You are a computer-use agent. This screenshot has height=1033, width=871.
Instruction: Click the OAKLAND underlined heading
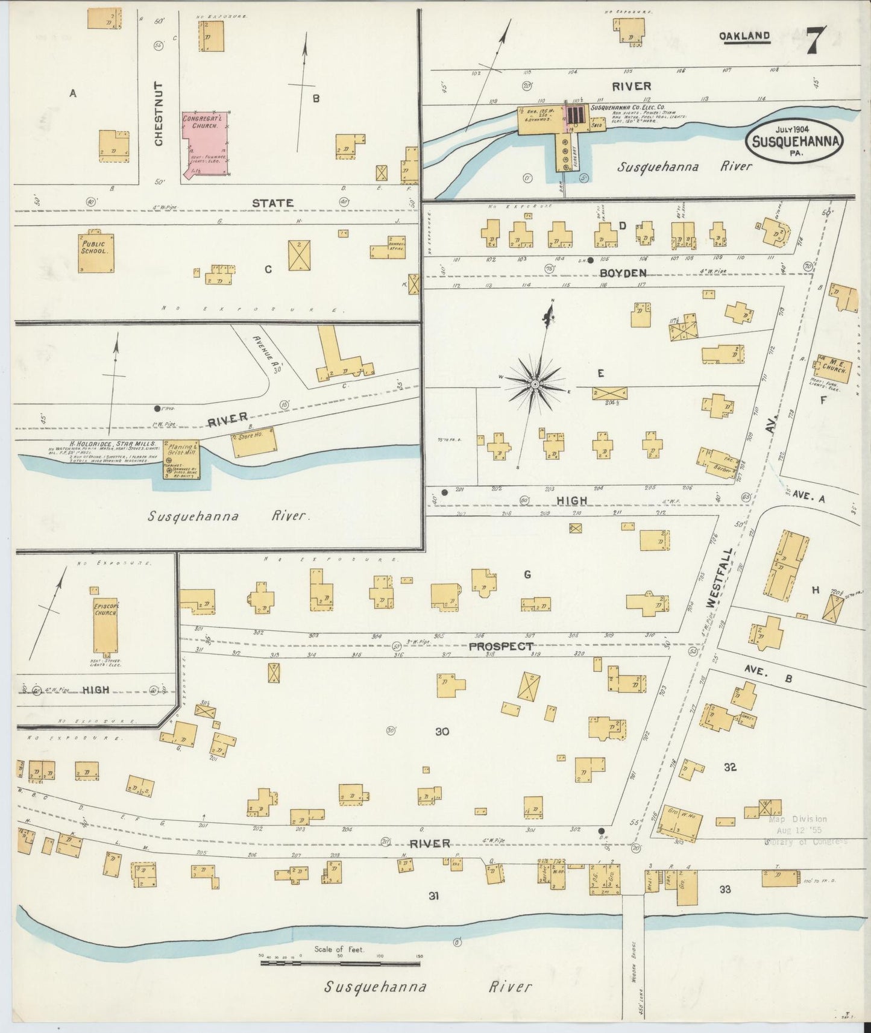coord(744,36)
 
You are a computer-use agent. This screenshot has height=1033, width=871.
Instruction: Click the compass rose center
coord(535,383)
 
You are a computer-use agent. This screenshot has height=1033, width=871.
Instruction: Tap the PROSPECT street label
coord(500,646)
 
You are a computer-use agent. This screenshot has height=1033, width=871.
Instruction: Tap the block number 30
coord(442,731)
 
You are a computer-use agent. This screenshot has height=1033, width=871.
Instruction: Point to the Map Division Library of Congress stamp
coord(805,830)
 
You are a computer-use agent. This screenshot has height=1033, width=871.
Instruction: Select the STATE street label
coord(272,203)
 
